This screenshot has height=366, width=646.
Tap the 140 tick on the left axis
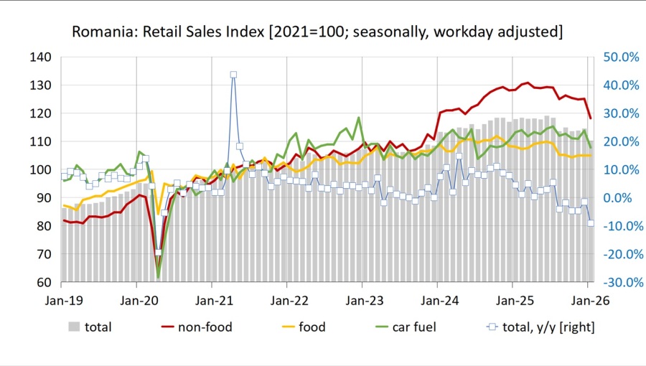click(41, 57)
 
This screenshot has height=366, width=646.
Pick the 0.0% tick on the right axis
click(619, 197)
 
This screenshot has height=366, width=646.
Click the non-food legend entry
click(210, 327)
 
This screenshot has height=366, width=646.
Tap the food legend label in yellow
click(312, 327)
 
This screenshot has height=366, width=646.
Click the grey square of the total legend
click(74, 327)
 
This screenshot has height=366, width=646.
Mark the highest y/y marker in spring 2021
click(233, 75)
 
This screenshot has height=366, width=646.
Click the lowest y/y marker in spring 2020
click(158, 253)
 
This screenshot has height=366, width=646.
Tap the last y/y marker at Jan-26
click(591, 223)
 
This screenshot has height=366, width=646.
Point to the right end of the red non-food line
click(591, 118)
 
